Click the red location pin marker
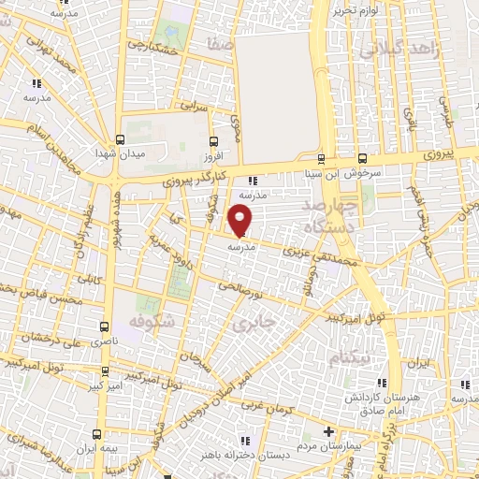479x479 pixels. point(241,220)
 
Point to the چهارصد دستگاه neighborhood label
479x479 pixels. point(333,215)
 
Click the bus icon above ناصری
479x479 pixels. point(103,327)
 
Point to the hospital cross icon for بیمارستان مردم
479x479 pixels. point(327,432)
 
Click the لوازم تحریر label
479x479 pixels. point(357,10)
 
